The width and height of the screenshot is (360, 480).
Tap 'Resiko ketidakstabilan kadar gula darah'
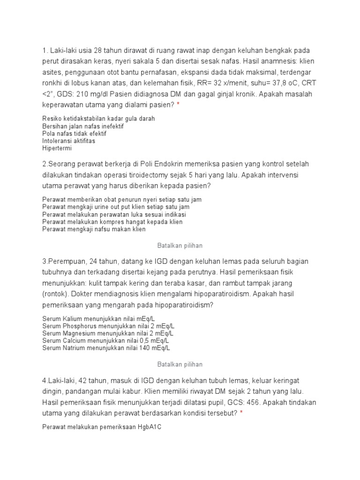[x=98, y=119]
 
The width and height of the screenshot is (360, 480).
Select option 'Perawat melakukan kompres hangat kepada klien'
[x=112, y=222]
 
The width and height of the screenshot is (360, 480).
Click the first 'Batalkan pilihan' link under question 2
[x=180, y=245]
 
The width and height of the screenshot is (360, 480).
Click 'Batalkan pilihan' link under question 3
[x=180, y=364]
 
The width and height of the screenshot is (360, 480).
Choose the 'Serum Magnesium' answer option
[x=108, y=333]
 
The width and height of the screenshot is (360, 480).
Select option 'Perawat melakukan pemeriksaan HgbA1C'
[x=102, y=427]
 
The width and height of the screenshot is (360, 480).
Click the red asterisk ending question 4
[x=241, y=413]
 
